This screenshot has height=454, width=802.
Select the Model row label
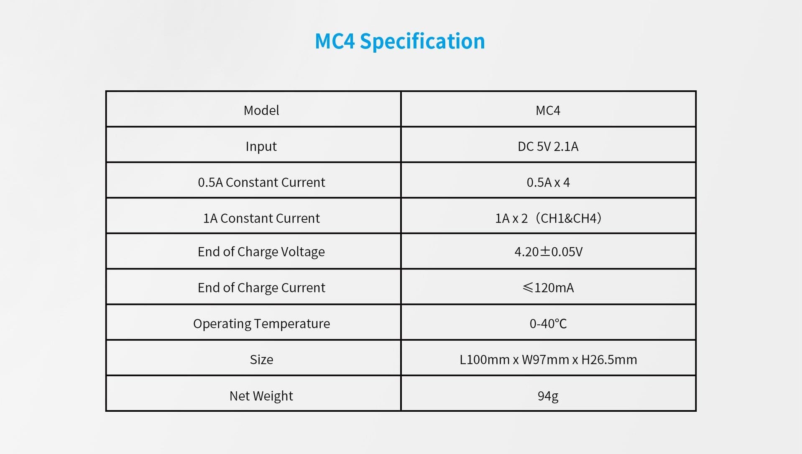(261, 110)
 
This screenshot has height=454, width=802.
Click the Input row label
(261, 146)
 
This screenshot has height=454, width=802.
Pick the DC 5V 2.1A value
(548, 146)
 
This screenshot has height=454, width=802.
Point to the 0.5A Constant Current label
(261, 182)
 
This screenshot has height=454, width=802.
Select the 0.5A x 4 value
(548, 182)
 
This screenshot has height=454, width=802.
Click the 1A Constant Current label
(261, 218)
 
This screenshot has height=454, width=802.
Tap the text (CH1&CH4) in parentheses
(569, 218)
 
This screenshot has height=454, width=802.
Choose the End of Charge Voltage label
(261, 252)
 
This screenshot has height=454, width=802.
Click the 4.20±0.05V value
(548, 251)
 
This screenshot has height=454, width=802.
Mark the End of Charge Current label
(261, 288)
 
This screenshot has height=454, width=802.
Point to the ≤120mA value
(548, 287)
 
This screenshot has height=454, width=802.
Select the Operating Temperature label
(261, 324)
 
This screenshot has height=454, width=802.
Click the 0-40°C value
(548, 323)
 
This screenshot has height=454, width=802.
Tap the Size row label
(261, 359)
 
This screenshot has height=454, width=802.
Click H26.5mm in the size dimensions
(609, 359)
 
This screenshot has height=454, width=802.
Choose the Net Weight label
(261, 396)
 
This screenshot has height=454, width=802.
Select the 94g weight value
(548, 396)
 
